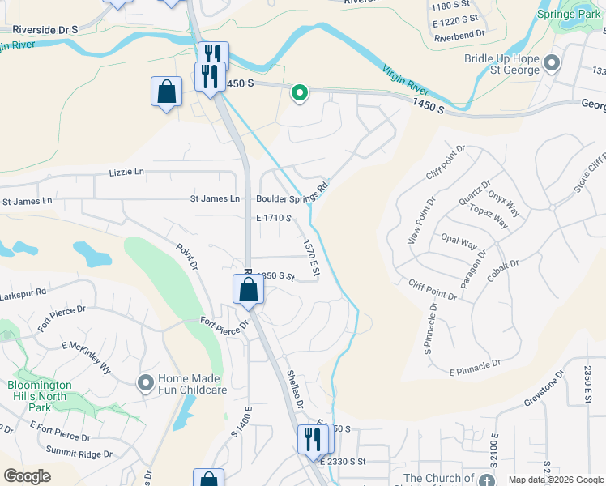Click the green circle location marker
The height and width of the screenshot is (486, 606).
click(300, 94)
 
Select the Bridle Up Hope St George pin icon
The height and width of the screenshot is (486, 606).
click(553, 63)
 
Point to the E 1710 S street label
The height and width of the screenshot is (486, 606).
click(273, 219)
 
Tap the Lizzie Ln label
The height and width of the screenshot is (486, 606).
click(126, 173)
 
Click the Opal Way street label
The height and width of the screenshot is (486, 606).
click(459, 241)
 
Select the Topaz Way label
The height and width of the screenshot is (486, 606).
click(489, 216)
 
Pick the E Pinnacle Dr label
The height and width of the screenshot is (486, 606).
click(475, 368)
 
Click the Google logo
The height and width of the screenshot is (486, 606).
click(27, 476)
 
